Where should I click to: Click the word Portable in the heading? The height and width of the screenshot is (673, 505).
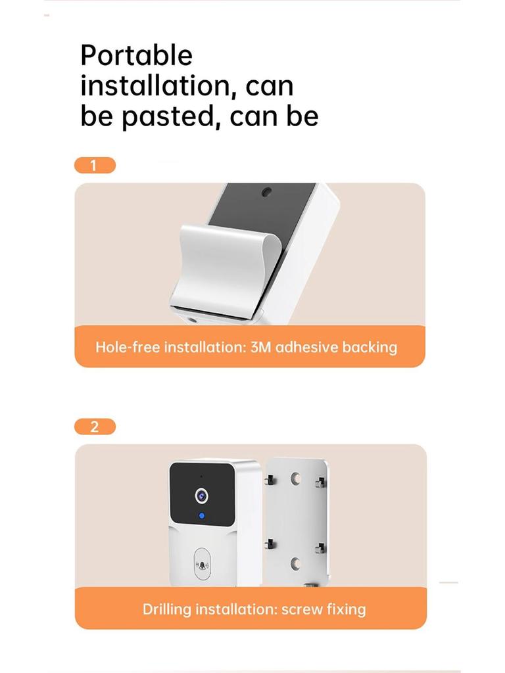click(x=136, y=55)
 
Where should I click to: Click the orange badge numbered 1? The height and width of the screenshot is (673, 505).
click(x=95, y=165)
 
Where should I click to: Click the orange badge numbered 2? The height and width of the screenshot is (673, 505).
click(x=95, y=427)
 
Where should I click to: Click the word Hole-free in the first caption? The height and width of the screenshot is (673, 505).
click(x=128, y=346)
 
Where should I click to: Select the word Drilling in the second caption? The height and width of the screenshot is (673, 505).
click(x=165, y=609)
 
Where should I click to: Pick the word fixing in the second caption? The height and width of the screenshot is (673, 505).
click(x=346, y=609)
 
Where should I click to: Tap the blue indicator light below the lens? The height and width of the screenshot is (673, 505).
click(x=201, y=517)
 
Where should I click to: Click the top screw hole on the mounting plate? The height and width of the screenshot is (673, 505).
click(x=295, y=478)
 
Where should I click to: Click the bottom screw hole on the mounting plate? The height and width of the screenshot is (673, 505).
click(x=295, y=563)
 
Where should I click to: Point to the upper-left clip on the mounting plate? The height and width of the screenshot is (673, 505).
click(x=270, y=481)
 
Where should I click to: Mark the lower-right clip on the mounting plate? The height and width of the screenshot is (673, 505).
click(x=320, y=548)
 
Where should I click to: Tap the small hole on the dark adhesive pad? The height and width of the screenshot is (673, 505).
click(x=268, y=193)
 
